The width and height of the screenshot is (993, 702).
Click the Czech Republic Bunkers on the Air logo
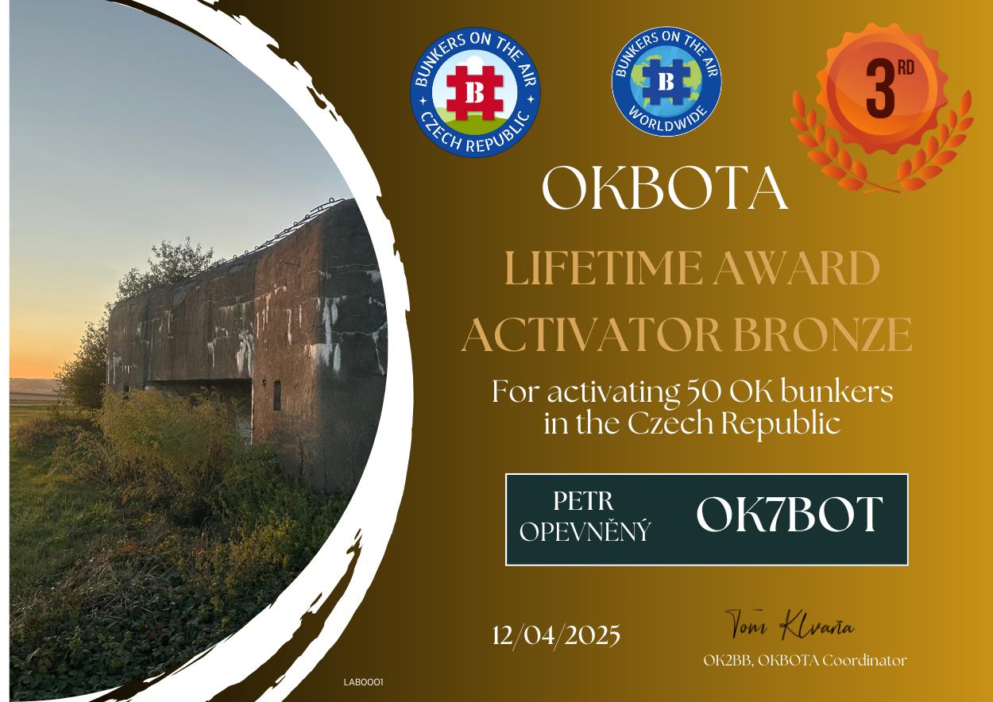[475, 93]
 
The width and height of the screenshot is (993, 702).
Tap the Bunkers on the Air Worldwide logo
[667, 81]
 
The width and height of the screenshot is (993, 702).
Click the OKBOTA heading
[665, 188]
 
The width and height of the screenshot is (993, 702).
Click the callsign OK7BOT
[790, 514]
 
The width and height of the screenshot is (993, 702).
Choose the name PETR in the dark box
[583, 502]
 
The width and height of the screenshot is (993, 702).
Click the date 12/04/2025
[556, 636]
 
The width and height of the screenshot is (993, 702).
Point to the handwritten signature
[790, 625]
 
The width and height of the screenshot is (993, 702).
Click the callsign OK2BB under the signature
[728, 661]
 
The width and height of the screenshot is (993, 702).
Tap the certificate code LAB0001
[363, 682]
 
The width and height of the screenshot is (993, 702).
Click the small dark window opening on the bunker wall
[277, 395]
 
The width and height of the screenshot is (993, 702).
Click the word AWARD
[796, 268]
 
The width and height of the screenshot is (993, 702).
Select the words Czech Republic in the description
[734, 425]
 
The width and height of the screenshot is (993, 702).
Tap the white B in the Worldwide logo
[667, 81]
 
